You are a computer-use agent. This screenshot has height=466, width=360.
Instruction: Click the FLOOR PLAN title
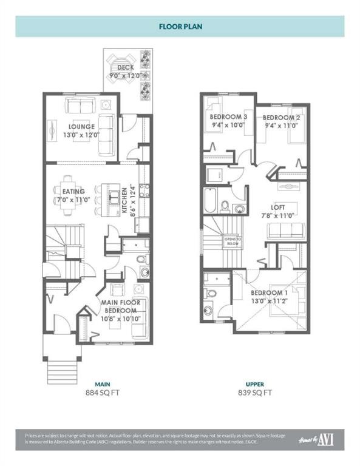coord(180,27)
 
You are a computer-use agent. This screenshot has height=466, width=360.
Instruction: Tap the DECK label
coord(125,67)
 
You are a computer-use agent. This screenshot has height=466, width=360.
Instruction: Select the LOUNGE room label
coord(81,127)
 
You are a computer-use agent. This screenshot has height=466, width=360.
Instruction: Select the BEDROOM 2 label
coord(282,117)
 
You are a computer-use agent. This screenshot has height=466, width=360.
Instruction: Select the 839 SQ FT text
coord(254,393)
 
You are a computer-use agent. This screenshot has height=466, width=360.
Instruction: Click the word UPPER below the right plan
coord(254,384)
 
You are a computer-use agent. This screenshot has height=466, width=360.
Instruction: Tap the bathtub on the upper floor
coord(211,201)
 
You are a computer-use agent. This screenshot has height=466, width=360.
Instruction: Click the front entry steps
coord(63,371)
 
